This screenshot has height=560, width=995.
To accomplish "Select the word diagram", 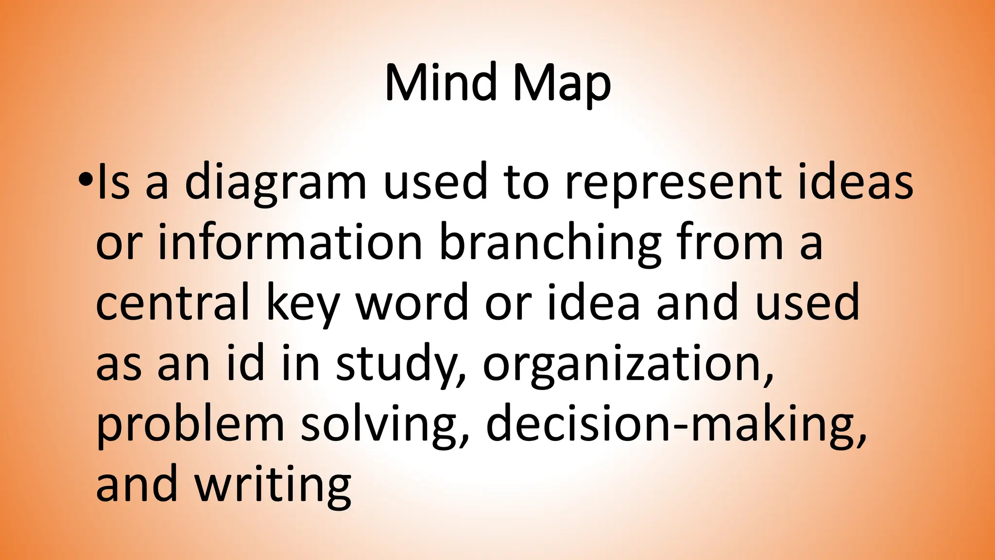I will tap(275, 184).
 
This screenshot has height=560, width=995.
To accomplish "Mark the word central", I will tap(172, 302).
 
